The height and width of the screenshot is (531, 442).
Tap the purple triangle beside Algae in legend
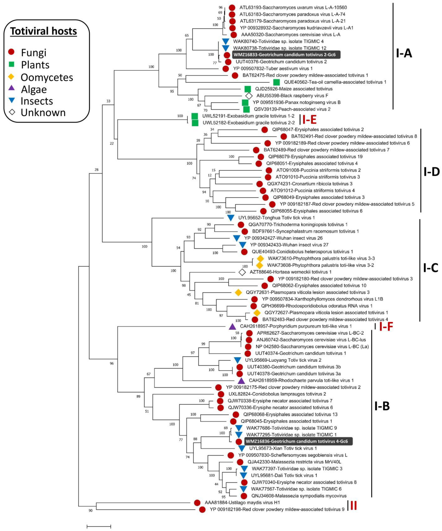pyautogui.click(x=11, y=88)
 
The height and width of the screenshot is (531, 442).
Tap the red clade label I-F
pyautogui.click(x=386, y=326)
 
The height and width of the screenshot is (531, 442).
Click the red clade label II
pyautogui.click(x=354, y=506)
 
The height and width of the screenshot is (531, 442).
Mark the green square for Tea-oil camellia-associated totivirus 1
pyautogui.click(x=276, y=82)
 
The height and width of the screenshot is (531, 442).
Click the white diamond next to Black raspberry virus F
pyautogui.click(x=249, y=96)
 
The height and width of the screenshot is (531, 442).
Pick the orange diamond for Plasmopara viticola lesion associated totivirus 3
pyautogui.click(x=238, y=292)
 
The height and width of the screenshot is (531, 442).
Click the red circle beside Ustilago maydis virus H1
pyautogui.click(x=197, y=502)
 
